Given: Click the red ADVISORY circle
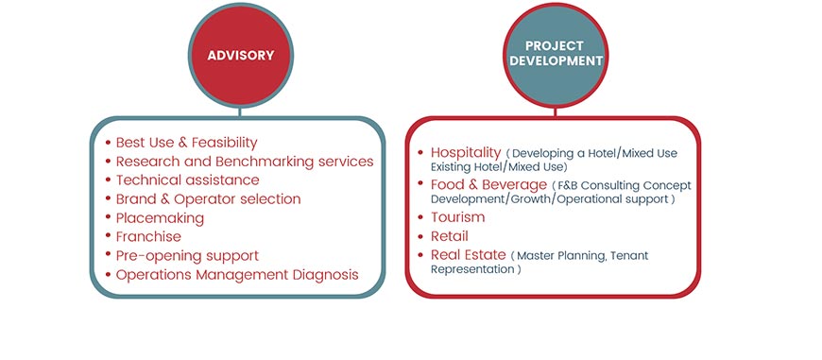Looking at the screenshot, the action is pos(241,56).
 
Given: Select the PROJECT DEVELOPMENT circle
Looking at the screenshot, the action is pos(556,56).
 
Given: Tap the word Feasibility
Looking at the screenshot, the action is pos(224,143).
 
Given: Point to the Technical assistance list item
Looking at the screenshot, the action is pos(188,180).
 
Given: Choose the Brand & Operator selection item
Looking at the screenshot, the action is pos(208,199).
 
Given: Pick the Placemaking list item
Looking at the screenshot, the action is pos(160,218).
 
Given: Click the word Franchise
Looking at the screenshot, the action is pos(148,237).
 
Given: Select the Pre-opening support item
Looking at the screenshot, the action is pos(187,256).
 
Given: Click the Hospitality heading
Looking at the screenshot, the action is pos(466,152).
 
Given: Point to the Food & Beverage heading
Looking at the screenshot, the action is pos(488,184).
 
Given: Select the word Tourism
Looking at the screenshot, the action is pos(457,217).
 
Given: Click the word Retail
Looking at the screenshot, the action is pos(450,236).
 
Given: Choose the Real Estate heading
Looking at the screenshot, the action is pos(468,255).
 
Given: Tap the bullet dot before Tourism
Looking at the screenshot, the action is pos(420,217).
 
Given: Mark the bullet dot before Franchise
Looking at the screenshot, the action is pos(108,237).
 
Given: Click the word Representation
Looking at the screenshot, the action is pos(472,270).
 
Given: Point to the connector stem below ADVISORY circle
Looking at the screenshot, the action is pos(240,112).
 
